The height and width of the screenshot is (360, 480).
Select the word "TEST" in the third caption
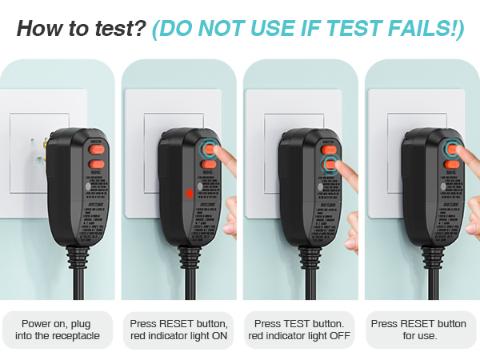pyautogui.click(x=298, y=323)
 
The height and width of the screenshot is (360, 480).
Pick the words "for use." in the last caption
pyautogui.click(x=420, y=336)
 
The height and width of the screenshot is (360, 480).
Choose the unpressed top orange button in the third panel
pyautogui.click(x=328, y=148)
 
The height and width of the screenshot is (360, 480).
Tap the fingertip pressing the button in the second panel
pyautogui.click(x=226, y=150)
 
